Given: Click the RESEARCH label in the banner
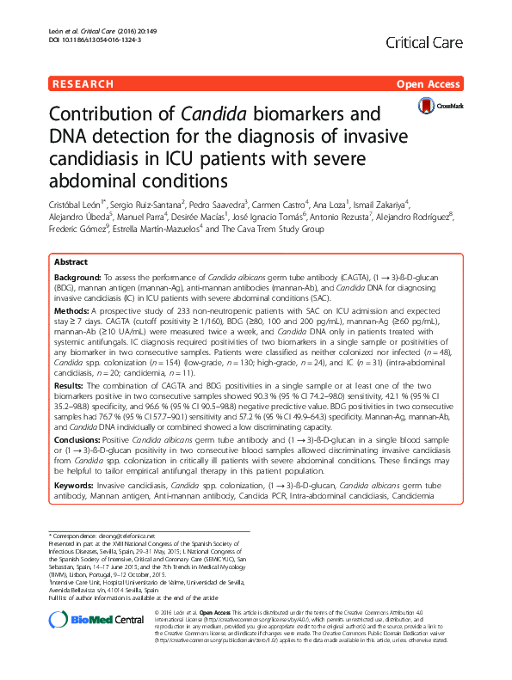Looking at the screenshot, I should [x=83, y=84].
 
